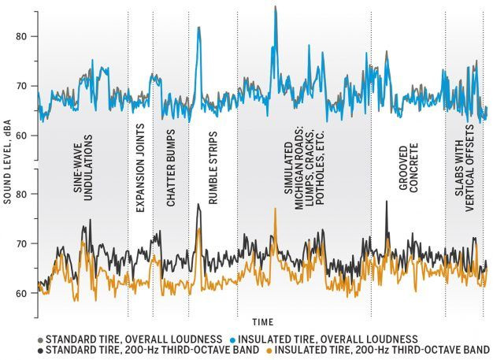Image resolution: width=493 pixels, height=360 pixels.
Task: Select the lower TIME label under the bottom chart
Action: coord(263,322)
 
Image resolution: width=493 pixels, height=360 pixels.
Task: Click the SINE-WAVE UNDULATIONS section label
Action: coord(88,168)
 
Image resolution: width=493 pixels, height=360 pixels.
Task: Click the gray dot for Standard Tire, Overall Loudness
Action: coord(40,338)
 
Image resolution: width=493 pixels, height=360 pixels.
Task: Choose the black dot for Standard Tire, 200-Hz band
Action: coord(40,349)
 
